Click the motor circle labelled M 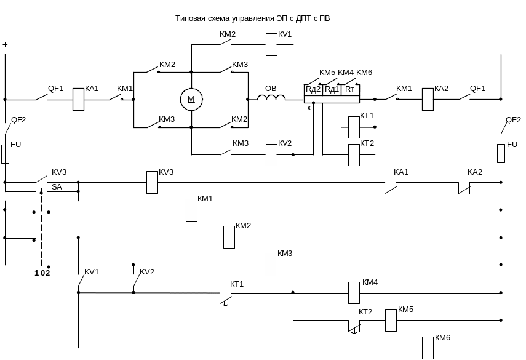point(191,98)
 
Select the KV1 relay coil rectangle point(271,44)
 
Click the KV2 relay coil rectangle point(271,154)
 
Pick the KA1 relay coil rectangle point(78,99)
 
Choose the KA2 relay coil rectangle point(428,99)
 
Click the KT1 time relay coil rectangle point(354,127)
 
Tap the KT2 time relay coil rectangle point(354,154)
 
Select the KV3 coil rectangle point(152,182)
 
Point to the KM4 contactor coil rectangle point(354,293)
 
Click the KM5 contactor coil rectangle point(391,320)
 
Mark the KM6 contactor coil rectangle point(428,348)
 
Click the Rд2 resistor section point(313,90)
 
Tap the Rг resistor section point(350,90)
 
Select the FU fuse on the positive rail point(5,154)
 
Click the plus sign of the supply point(6,45)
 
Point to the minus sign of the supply point(501,45)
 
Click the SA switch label point(57,186)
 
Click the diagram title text point(253,19)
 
